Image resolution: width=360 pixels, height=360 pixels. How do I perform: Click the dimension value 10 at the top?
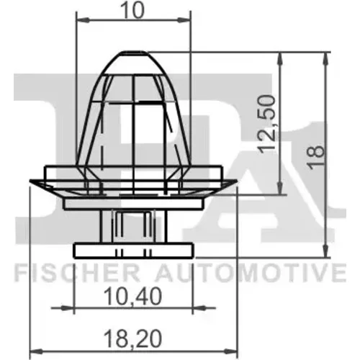point(133,10)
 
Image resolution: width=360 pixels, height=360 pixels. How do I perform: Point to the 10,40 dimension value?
point(133,297)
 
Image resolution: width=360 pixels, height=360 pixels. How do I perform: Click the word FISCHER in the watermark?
point(77,273)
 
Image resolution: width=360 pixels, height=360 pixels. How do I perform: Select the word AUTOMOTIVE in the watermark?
point(251,273)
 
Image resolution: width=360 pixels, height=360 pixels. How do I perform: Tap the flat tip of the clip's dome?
point(134,52)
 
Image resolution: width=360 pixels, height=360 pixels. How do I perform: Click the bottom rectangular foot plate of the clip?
point(133,251)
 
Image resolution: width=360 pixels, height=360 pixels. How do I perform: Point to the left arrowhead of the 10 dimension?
point(82,20)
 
